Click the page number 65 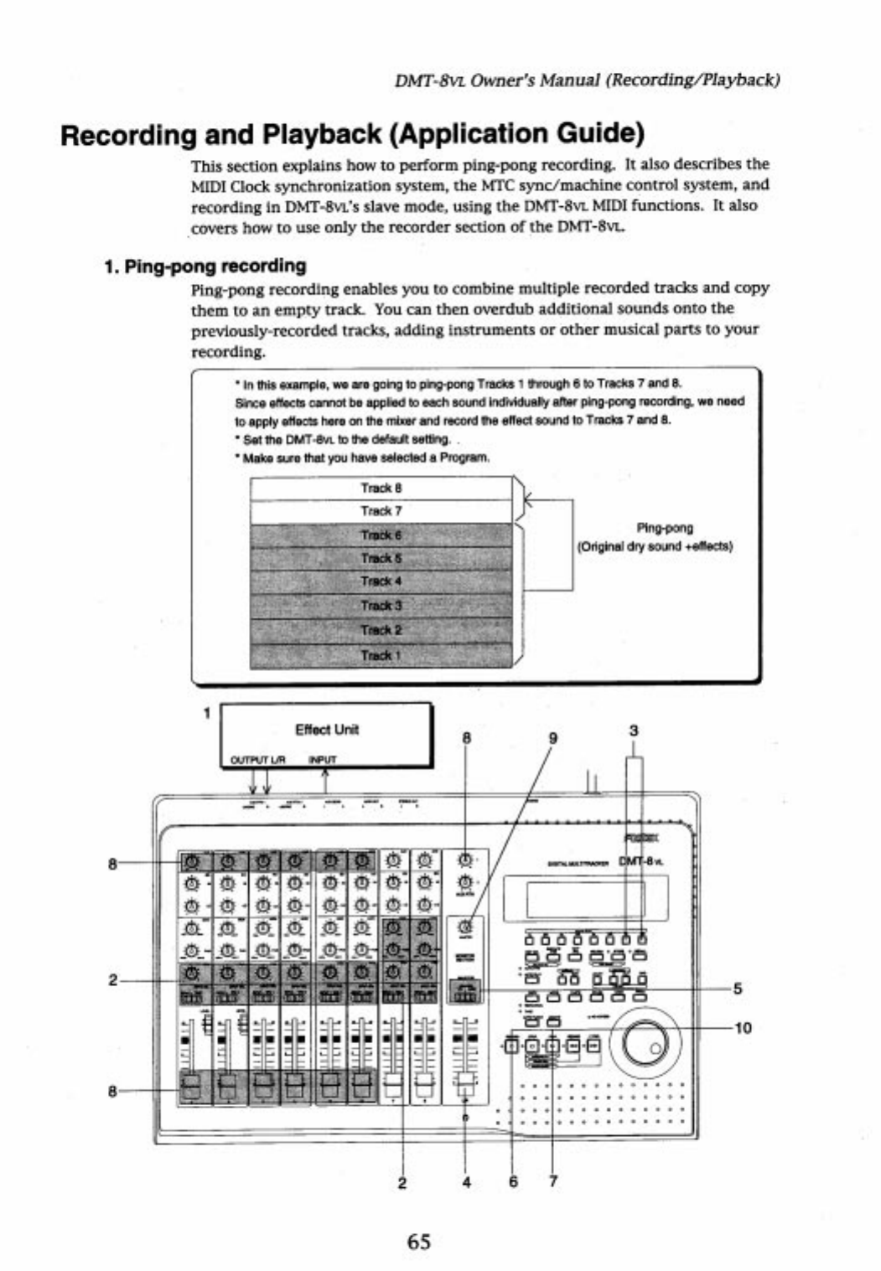[419, 1241]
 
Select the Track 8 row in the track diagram [381, 488]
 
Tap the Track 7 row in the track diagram [381, 510]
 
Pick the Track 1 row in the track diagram [381, 655]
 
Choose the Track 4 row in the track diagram [381, 581]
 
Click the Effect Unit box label [327, 729]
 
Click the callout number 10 [743, 1027]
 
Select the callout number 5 [738, 988]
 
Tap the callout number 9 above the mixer [552, 738]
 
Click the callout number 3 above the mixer [633, 731]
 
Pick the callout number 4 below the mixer [466, 1182]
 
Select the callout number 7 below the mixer [553, 1181]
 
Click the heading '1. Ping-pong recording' [205, 266]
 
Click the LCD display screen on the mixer [585, 898]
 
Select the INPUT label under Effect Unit [323, 761]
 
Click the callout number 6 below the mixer [513, 1181]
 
